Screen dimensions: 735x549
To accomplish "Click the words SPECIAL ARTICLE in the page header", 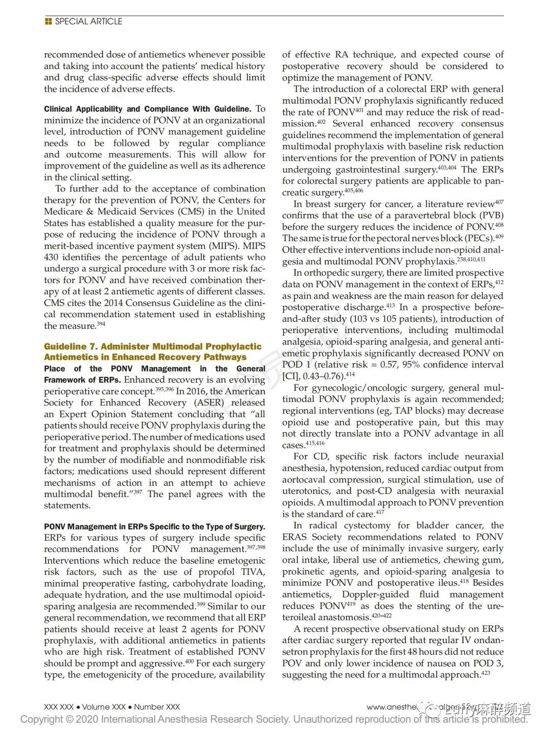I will [88, 21].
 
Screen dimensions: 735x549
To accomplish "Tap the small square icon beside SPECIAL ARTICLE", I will [48, 21].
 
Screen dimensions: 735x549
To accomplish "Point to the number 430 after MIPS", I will [51, 257].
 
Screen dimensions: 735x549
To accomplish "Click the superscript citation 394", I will [101, 324].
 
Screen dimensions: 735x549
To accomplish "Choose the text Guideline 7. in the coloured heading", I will [64, 347].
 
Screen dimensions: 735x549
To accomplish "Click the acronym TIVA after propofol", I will [253, 572].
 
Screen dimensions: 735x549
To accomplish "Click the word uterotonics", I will [306, 491].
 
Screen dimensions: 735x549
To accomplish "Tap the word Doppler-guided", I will [375, 594].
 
